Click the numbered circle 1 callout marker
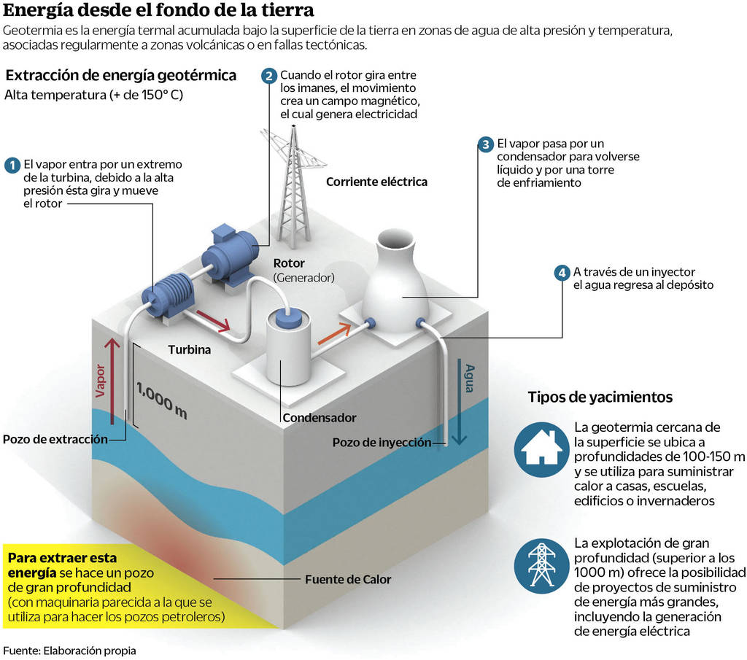12,165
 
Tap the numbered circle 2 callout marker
269,76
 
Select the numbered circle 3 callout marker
485,144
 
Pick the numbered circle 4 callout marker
561,273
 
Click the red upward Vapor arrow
111,379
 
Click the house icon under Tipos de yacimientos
541,447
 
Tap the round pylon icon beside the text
541,564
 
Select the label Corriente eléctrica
376,182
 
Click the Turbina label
189,350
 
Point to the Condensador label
319,418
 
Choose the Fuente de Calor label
348,580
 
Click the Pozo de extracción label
55,439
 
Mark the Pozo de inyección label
382,442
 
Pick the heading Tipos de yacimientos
600,397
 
